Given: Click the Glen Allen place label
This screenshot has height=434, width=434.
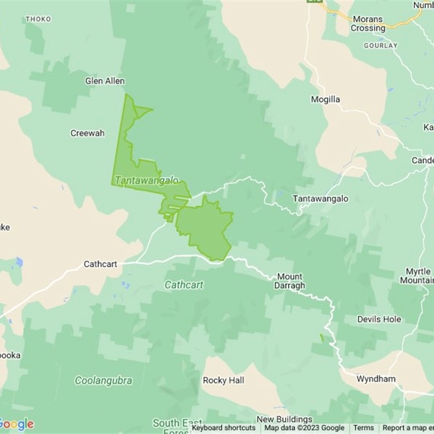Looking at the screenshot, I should pos(105,81).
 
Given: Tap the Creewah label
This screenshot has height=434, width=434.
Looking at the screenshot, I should pos(87,133).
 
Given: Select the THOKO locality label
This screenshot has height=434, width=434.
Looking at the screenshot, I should pos(38,19).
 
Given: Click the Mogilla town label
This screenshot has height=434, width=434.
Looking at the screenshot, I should pos(325,99).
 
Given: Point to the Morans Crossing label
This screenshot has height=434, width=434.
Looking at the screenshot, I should pos(369,23).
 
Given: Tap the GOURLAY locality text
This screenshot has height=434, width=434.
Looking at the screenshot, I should pos(380,46).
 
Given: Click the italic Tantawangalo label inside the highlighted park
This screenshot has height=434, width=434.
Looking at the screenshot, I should pos(146,180).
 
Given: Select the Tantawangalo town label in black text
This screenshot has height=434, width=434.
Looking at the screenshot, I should pos(321,199).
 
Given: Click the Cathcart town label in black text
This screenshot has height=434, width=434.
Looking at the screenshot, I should pos(100,265).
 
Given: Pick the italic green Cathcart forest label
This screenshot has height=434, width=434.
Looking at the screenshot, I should pos(184,285).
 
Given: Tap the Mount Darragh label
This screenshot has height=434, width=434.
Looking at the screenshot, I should pos(291,281).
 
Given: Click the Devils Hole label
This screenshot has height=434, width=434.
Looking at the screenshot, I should pos(379,320).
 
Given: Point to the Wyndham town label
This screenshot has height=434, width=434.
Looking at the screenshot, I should pos(376,379).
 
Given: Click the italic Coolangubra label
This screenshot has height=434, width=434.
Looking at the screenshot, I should pos(103,381).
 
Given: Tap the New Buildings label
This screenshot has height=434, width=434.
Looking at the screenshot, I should pos(284,419).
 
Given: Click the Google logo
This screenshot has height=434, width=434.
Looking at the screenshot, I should pos(16,424).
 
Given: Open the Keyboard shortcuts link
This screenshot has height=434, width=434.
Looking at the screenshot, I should pos(224,428).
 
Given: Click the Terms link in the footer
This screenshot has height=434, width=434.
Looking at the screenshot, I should pos(363,428).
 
